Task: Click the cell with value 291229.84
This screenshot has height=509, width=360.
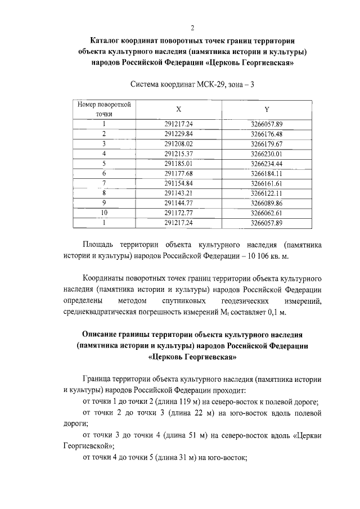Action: (179, 134)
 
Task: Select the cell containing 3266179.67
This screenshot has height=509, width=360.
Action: (266, 143)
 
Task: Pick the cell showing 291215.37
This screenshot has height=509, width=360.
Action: (179, 154)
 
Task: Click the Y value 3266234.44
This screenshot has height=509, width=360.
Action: (266, 164)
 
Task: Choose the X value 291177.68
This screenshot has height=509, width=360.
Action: (179, 173)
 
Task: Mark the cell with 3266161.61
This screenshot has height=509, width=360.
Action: (266, 183)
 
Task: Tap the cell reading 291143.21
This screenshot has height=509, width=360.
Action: (179, 193)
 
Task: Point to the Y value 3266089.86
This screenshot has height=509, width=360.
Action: (266, 203)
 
